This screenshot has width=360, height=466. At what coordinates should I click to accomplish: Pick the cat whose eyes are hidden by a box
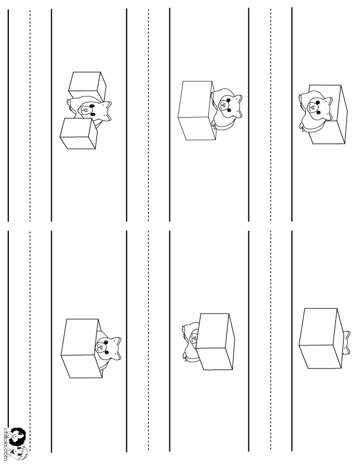(x=191, y=341)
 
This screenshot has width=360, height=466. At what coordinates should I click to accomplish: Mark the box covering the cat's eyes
(x=215, y=341)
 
